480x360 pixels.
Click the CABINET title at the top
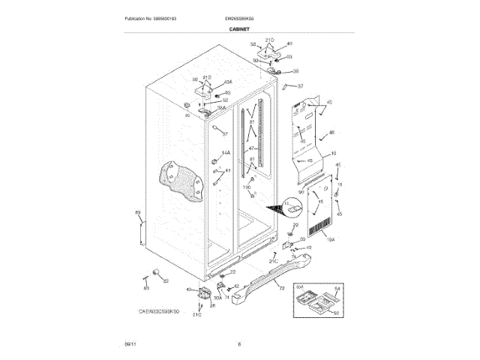point(239,28)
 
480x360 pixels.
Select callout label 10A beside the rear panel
point(330,240)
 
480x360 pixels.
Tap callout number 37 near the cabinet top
point(301,86)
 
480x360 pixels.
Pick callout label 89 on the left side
point(137,214)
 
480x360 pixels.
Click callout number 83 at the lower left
point(146,288)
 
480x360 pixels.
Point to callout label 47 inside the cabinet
point(252,149)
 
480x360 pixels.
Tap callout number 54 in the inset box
point(337,289)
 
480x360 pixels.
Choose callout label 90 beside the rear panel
point(301,193)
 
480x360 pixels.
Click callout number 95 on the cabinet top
point(187,115)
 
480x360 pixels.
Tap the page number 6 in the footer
point(239,344)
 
